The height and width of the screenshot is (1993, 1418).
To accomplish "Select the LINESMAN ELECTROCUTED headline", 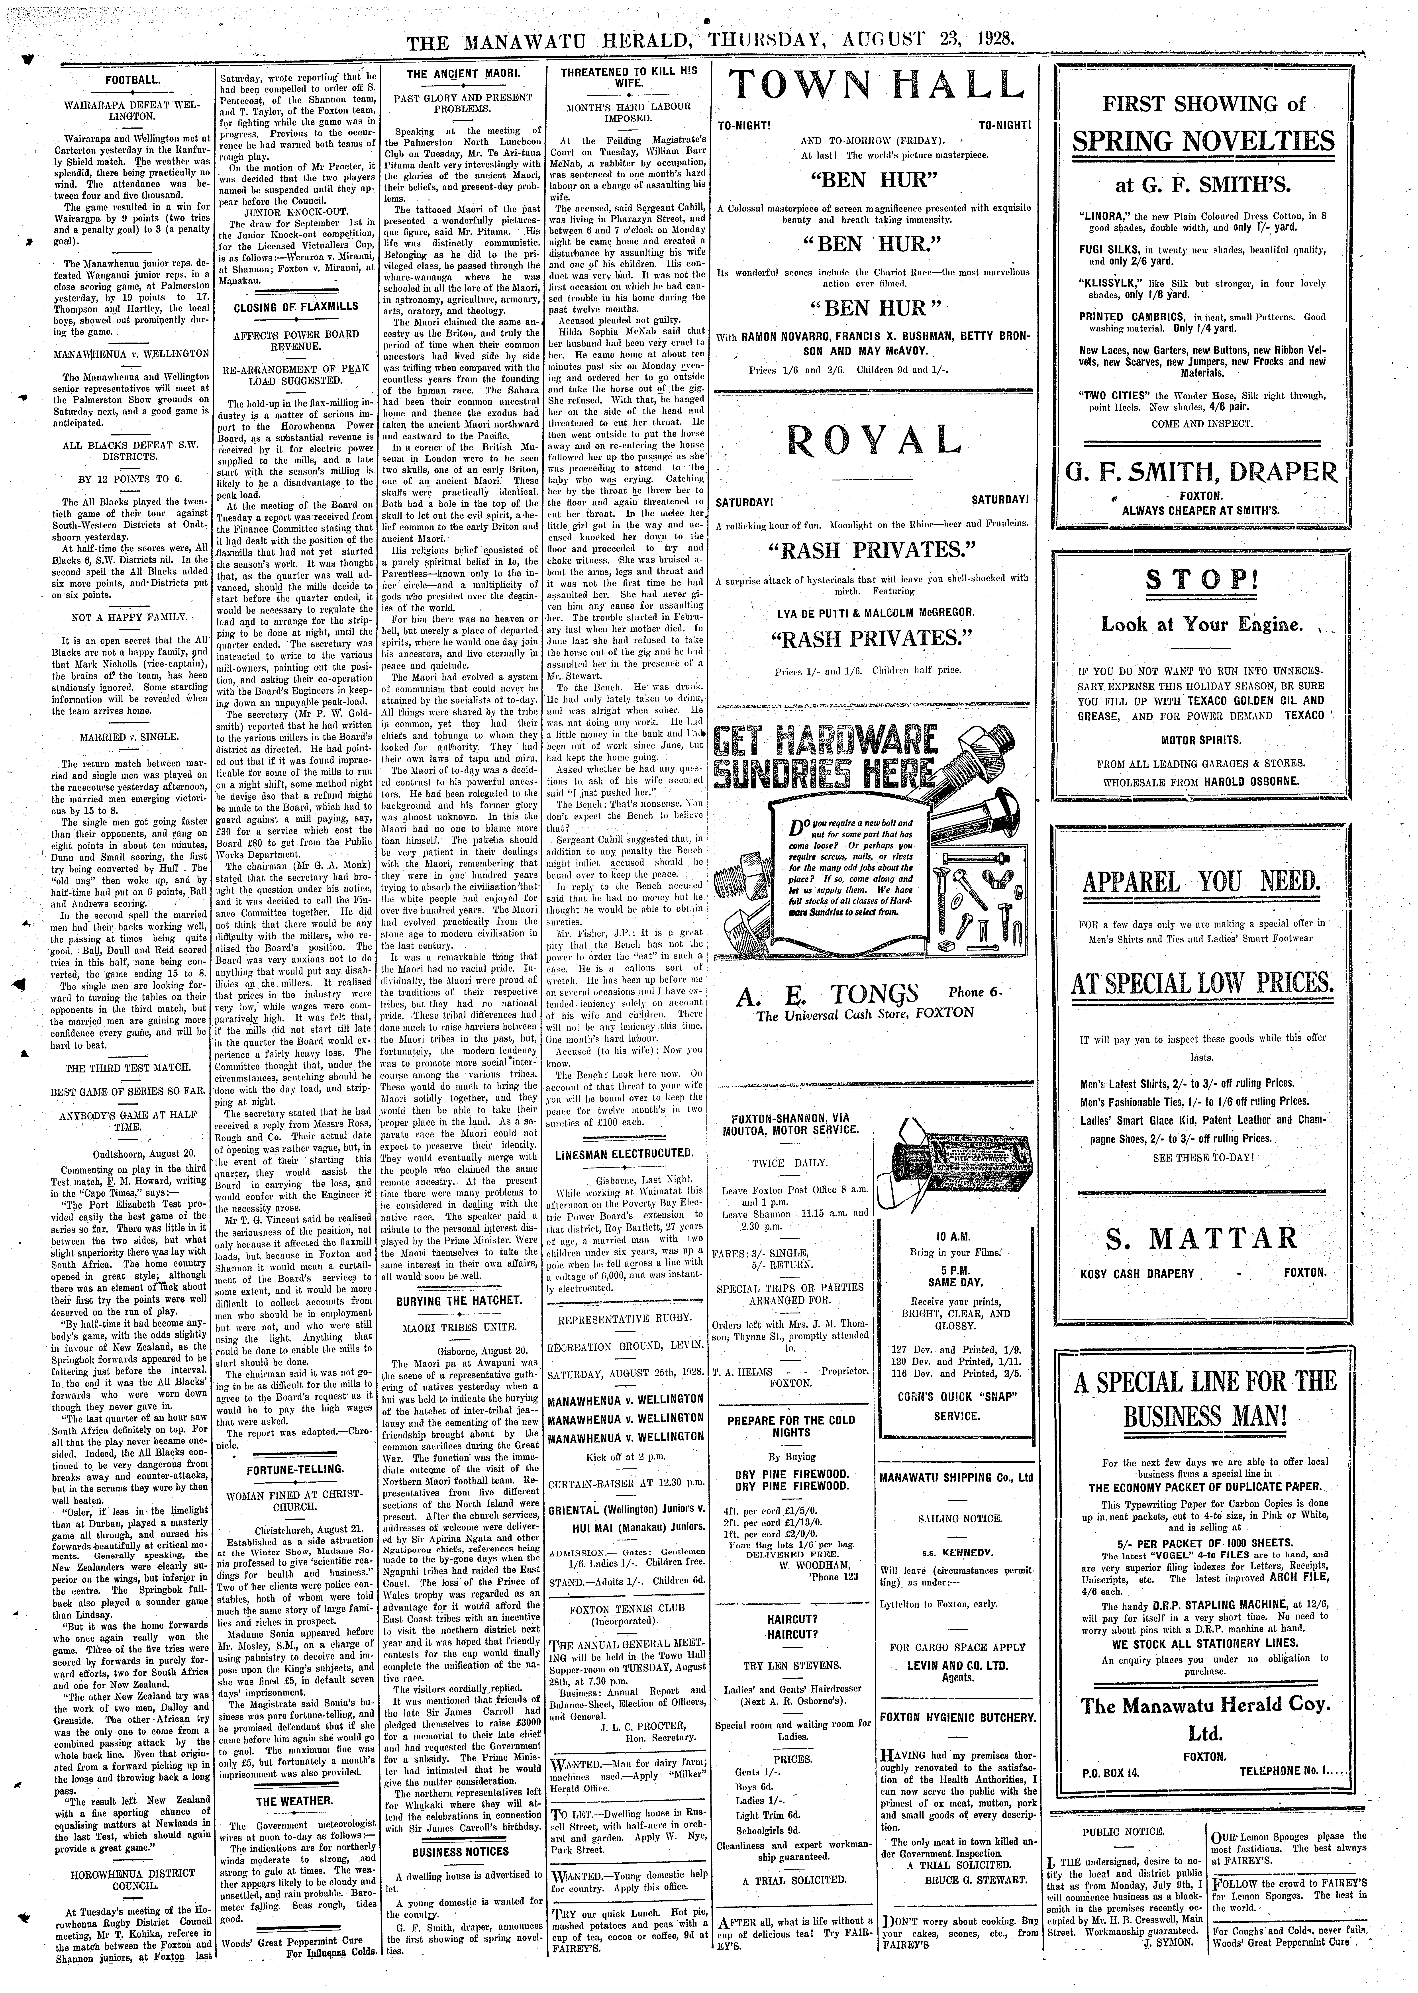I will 624,1154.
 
